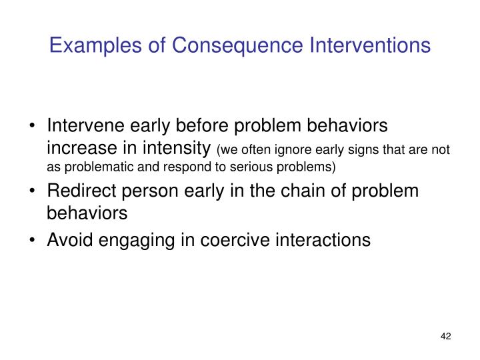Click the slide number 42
coord(446,337)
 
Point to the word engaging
coord(127,239)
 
